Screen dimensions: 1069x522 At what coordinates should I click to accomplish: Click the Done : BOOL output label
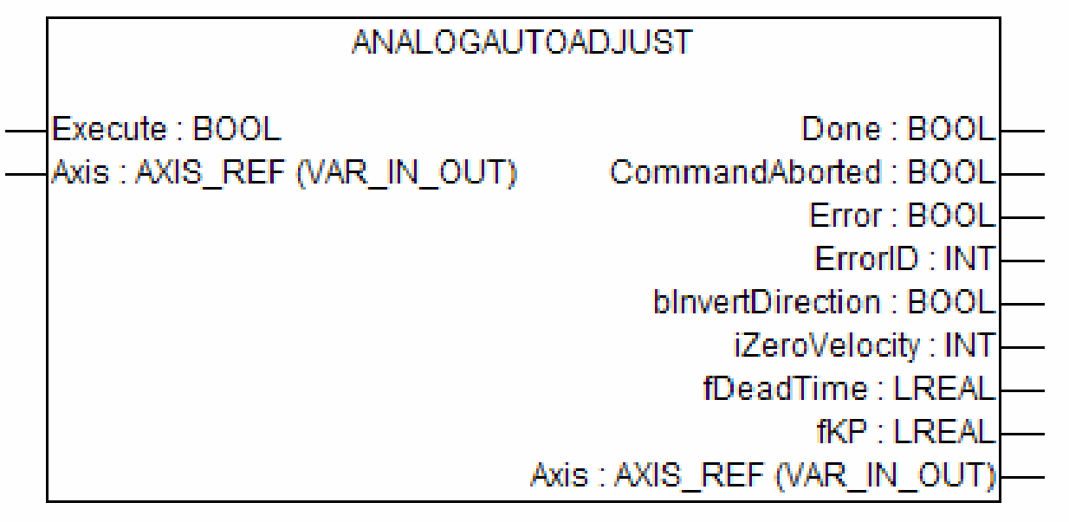point(899,130)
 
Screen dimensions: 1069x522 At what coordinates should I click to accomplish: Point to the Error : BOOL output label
point(901,216)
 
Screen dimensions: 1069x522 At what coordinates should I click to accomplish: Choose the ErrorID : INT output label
point(905,258)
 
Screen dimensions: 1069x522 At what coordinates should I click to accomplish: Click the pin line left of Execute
point(24,132)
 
